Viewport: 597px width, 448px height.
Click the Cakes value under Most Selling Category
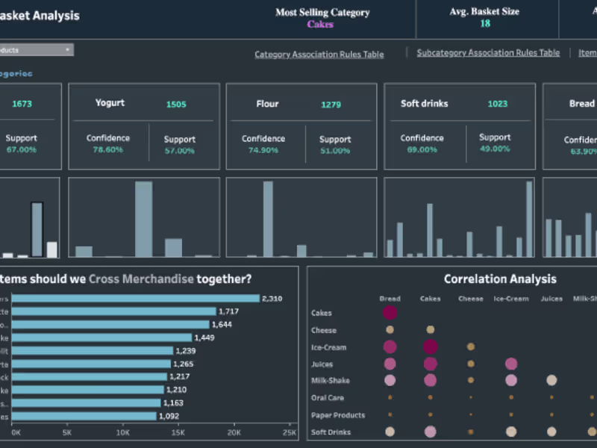point(320,24)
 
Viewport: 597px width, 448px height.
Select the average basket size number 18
point(485,24)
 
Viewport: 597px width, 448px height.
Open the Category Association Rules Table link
point(319,55)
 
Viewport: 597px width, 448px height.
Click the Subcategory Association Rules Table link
point(488,53)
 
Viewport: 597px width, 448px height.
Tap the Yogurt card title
point(110,103)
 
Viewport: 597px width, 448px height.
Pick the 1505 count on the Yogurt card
point(176,105)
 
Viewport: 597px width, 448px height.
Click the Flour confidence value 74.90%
point(263,150)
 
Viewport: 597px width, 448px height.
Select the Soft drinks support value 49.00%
point(494,149)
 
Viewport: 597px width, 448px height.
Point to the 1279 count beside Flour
point(331,105)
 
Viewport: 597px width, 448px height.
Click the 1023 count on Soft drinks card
point(497,104)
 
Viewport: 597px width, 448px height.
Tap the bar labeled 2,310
point(135,298)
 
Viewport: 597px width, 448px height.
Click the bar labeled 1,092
point(84,416)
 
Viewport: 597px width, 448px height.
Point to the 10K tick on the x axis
point(123,432)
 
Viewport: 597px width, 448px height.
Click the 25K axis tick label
point(289,432)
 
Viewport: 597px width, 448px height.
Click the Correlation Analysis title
point(500,279)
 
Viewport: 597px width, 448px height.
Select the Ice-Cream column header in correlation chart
point(511,299)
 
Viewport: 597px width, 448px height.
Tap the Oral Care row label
point(328,398)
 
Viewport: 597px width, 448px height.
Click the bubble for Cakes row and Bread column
point(390,313)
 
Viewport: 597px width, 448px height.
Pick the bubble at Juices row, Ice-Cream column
point(511,364)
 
